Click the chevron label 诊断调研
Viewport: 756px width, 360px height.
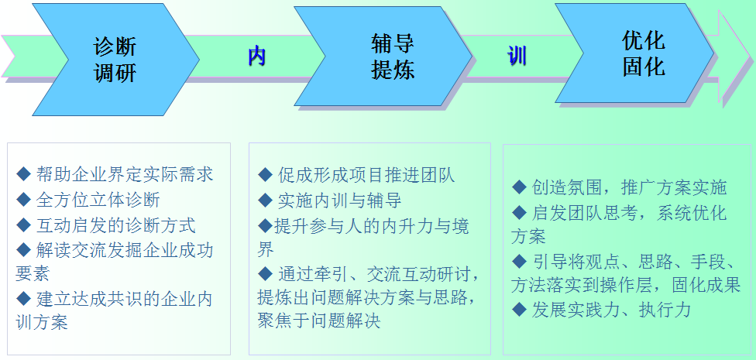point(115,60)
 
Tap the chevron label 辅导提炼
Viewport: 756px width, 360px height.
point(393,57)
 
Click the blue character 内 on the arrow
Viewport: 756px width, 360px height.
point(257,57)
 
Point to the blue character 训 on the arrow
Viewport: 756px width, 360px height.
point(517,57)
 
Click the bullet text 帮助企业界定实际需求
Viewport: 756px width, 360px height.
point(125,174)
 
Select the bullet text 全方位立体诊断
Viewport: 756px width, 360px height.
point(98,200)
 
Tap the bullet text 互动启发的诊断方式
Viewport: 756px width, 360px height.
point(115,225)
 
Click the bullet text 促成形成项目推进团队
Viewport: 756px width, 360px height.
point(366,175)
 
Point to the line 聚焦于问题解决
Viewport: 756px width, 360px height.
point(319,320)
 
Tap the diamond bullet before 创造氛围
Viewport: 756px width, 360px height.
point(519,187)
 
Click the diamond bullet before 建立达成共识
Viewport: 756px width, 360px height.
point(23,299)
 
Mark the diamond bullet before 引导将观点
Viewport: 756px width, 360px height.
point(519,261)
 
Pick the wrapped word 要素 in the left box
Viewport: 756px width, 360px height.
point(33,274)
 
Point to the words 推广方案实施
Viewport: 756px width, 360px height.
point(674,187)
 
